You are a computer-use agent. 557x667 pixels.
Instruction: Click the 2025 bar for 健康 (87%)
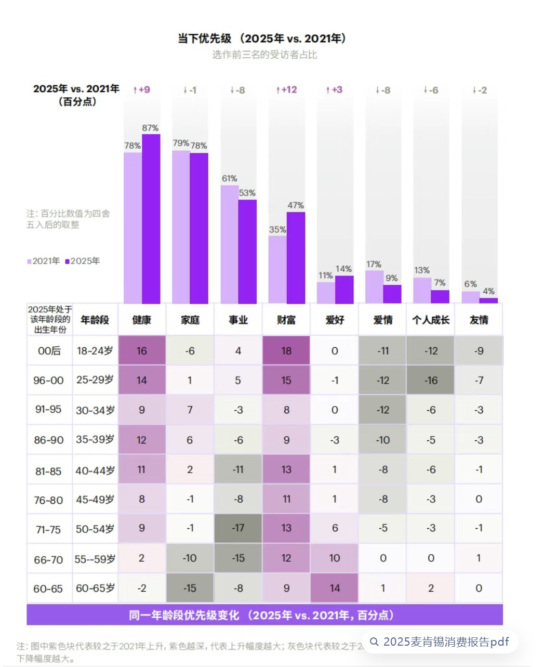tap(151, 218)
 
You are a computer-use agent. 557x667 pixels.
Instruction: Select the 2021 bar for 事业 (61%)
tap(230, 244)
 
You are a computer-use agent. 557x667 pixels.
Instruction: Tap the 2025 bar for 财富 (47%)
tap(296, 257)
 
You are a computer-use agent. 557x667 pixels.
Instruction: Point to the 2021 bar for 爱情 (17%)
tap(374, 286)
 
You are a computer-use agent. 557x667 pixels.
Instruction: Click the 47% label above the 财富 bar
tap(296, 205)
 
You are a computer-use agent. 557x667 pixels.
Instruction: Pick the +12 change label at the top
tap(287, 90)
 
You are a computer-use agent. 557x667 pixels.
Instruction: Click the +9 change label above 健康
tap(142, 90)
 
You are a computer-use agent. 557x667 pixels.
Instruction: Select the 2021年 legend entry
tap(44, 261)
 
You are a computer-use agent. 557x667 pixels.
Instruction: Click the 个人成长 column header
tap(431, 320)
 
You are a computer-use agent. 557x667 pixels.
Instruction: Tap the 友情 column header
tap(479, 320)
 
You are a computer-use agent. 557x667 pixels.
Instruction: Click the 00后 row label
tap(49, 351)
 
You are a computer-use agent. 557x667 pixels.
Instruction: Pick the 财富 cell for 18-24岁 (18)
tap(286, 351)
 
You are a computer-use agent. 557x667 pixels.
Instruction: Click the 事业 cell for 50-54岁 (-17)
tap(238, 528)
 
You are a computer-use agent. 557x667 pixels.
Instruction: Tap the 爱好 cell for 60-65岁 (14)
tap(335, 588)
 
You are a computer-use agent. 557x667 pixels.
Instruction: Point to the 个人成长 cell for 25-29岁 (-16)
tap(431, 381)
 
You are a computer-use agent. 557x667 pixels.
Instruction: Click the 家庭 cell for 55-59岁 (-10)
tap(190, 558)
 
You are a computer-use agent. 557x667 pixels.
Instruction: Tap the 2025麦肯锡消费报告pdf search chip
tap(440, 642)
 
